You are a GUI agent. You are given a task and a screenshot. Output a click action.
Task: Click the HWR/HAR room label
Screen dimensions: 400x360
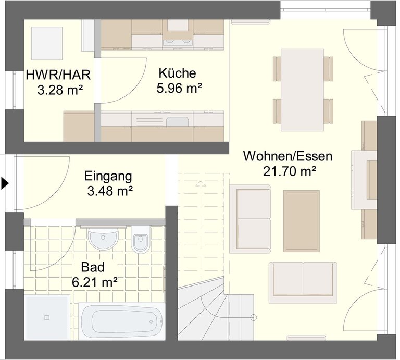click(58, 75)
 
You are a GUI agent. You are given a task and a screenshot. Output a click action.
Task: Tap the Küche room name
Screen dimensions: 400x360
click(177, 73)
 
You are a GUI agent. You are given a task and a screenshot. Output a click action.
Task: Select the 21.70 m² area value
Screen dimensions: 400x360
click(290, 171)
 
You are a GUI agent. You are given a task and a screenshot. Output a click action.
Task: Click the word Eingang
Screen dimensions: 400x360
click(108, 177)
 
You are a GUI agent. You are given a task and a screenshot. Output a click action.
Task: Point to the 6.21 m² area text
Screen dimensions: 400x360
click(95, 282)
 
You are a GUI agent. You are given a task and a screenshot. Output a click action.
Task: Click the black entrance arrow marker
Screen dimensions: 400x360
click(5, 183)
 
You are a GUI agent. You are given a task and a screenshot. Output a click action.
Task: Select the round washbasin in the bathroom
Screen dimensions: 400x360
click(103, 239)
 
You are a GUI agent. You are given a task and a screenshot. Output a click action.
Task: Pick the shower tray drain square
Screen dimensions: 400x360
click(47, 317)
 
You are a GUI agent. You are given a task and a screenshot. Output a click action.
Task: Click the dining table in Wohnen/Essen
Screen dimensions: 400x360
click(302, 90)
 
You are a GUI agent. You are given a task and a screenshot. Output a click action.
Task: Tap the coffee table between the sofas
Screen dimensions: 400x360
click(301, 221)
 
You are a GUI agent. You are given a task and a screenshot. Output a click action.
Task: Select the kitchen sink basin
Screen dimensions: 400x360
click(178, 121)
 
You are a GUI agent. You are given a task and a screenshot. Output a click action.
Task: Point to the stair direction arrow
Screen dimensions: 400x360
click(201, 183)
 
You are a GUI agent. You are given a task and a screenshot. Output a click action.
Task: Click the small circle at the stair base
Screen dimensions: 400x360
click(253, 317)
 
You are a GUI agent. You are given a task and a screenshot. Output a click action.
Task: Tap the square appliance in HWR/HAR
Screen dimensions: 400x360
click(47, 43)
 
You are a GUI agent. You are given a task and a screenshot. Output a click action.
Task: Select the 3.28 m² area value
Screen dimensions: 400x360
click(60, 90)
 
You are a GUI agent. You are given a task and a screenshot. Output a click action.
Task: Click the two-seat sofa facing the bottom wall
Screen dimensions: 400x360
click(303, 282)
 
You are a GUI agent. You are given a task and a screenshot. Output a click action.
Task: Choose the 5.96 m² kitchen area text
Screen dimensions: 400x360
click(179, 88)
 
